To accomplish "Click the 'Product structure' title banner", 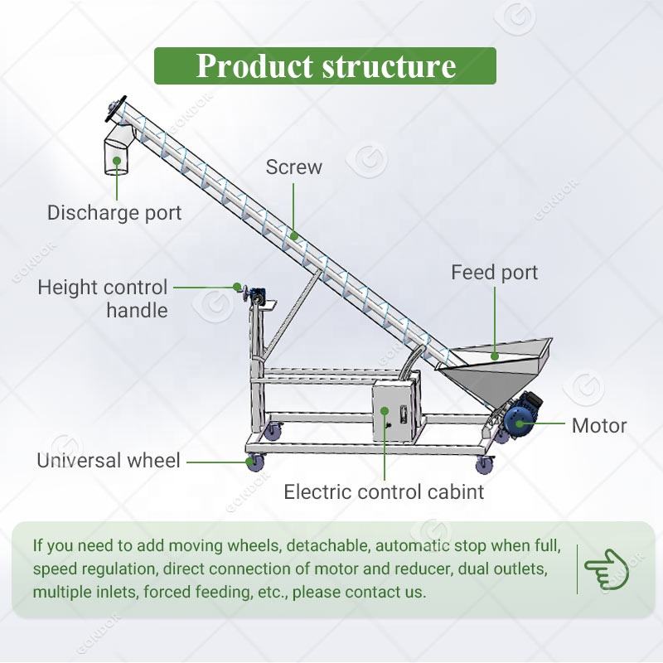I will (325, 66).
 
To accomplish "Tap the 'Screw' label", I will (293, 167).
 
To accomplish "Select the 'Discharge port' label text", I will (114, 212).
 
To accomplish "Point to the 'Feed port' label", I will (494, 273).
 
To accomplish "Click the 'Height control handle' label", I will (103, 299).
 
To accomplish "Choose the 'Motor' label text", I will (598, 426).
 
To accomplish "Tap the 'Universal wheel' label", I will (108, 461).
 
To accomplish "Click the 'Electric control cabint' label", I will (384, 492).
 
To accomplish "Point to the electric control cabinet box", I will (395, 410).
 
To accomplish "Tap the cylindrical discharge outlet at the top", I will (117, 155).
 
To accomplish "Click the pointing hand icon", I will (607, 569).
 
